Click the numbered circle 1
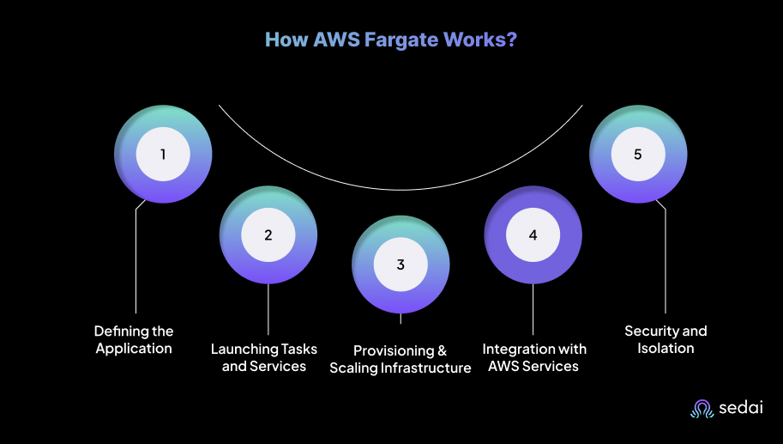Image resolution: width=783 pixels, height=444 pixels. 163,155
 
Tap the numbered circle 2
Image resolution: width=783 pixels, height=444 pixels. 268,234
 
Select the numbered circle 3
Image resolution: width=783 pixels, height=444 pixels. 401,264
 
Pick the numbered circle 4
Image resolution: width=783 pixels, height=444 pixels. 533,234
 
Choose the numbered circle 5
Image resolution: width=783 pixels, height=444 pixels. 637,155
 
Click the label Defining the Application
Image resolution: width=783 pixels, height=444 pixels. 134,339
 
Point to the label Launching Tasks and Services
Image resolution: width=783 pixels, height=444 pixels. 264,357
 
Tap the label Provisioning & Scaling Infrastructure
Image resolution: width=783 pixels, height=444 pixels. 401,359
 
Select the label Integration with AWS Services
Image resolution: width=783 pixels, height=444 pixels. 534,357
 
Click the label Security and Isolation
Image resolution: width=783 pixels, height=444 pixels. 666,339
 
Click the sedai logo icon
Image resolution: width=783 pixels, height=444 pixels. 702,409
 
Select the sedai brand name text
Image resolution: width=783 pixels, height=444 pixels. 741,410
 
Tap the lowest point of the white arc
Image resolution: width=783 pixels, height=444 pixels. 401,188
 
